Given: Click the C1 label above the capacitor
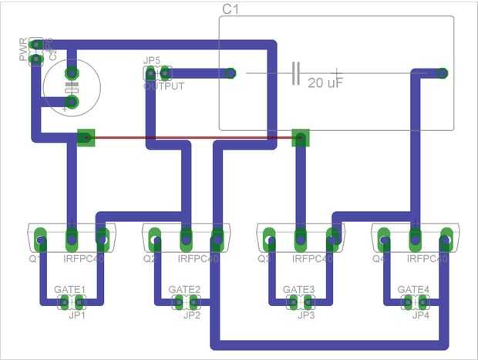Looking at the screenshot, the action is (231, 8).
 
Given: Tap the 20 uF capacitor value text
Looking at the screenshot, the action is (325, 82).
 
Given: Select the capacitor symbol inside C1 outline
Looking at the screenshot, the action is (295, 74).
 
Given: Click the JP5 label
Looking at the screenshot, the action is (151, 61).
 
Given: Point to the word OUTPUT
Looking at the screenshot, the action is (163, 86).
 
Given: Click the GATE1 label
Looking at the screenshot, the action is (70, 290).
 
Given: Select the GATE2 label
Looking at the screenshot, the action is (185, 290).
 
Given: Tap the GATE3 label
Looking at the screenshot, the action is (299, 290).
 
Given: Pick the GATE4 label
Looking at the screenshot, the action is (414, 290).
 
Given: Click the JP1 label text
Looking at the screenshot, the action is (76, 315).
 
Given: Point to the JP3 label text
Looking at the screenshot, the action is (306, 315).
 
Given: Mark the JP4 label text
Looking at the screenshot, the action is (420, 315).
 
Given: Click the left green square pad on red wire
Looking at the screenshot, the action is (86, 138).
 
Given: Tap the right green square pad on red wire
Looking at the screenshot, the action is (300, 138).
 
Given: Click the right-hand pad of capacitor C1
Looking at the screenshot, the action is (442, 74).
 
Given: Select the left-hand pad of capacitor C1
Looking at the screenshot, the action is (231, 74).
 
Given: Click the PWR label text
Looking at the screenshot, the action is (23, 48).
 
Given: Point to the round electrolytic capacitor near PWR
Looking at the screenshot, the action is (70, 86).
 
